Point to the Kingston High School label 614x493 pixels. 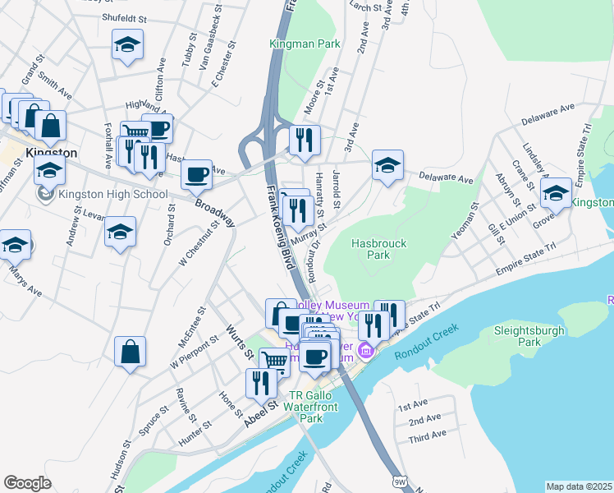tap(112, 195)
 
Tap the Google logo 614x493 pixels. tap(27, 483)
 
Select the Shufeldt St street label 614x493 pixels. tap(124, 16)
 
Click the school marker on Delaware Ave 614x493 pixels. tap(387, 164)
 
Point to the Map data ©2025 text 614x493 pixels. tap(579, 486)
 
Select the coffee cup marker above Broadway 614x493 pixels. tap(196, 173)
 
